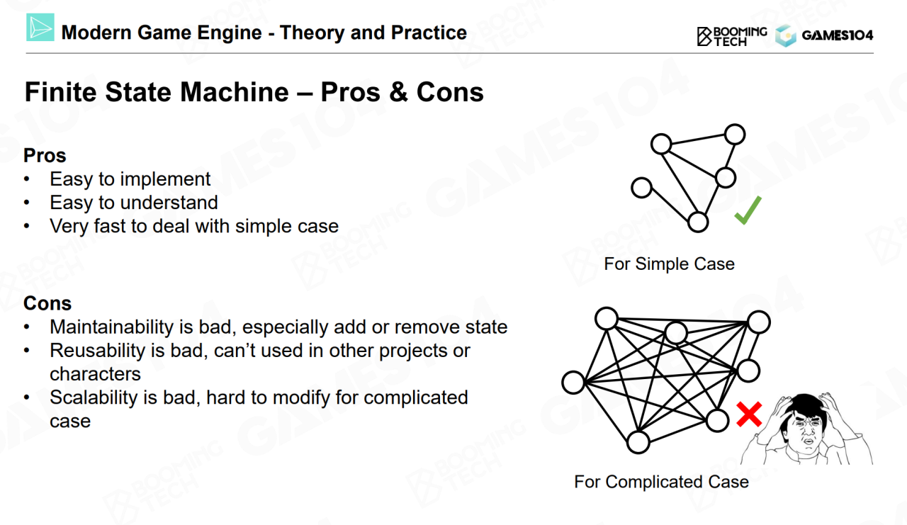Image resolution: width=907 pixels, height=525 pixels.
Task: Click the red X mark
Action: (748, 414)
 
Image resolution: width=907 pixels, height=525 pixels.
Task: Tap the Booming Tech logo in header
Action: (732, 35)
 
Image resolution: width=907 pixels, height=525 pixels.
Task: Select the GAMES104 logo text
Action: (837, 35)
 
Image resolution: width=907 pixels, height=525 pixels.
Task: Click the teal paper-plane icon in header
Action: (40, 29)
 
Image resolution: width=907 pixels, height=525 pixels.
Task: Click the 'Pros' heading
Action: (45, 155)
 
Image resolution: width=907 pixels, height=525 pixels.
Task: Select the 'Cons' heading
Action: (47, 303)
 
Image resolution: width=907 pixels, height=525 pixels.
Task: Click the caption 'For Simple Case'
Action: (669, 264)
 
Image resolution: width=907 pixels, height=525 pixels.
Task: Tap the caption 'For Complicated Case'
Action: (661, 482)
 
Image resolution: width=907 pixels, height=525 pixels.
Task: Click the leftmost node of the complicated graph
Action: (573, 383)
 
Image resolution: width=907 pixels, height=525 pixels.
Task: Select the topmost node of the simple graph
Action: (735, 134)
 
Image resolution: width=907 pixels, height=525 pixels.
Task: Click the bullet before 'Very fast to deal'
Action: (28, 227)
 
